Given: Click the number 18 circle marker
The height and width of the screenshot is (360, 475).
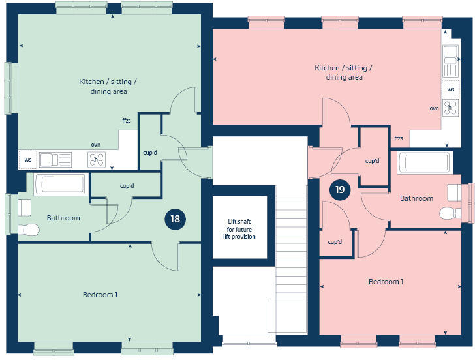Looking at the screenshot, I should coord(175,218).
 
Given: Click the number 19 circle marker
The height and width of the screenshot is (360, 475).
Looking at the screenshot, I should coord(339,190).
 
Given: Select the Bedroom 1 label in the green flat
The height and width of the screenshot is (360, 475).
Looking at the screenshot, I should coord(100,295).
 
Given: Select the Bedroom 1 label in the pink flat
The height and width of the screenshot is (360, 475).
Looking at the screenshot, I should coord(386,282).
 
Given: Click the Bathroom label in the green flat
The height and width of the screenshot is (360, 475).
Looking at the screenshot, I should coord(63,218).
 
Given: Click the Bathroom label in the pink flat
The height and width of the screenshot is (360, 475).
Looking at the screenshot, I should coord(416,198).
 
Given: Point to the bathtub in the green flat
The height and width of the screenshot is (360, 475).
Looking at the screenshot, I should coord(59,184).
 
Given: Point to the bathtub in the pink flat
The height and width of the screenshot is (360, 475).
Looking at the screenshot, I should coord(424,163).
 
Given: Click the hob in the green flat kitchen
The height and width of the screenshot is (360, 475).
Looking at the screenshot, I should coord(97,159).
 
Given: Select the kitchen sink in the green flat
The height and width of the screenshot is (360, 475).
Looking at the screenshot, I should coord(55,159).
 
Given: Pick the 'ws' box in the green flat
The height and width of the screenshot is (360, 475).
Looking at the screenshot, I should coord(28,159).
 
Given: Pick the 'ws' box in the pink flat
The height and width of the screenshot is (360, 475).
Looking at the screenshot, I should coord(451,89).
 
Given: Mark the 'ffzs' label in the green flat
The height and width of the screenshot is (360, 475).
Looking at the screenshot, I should coord(126,121).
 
